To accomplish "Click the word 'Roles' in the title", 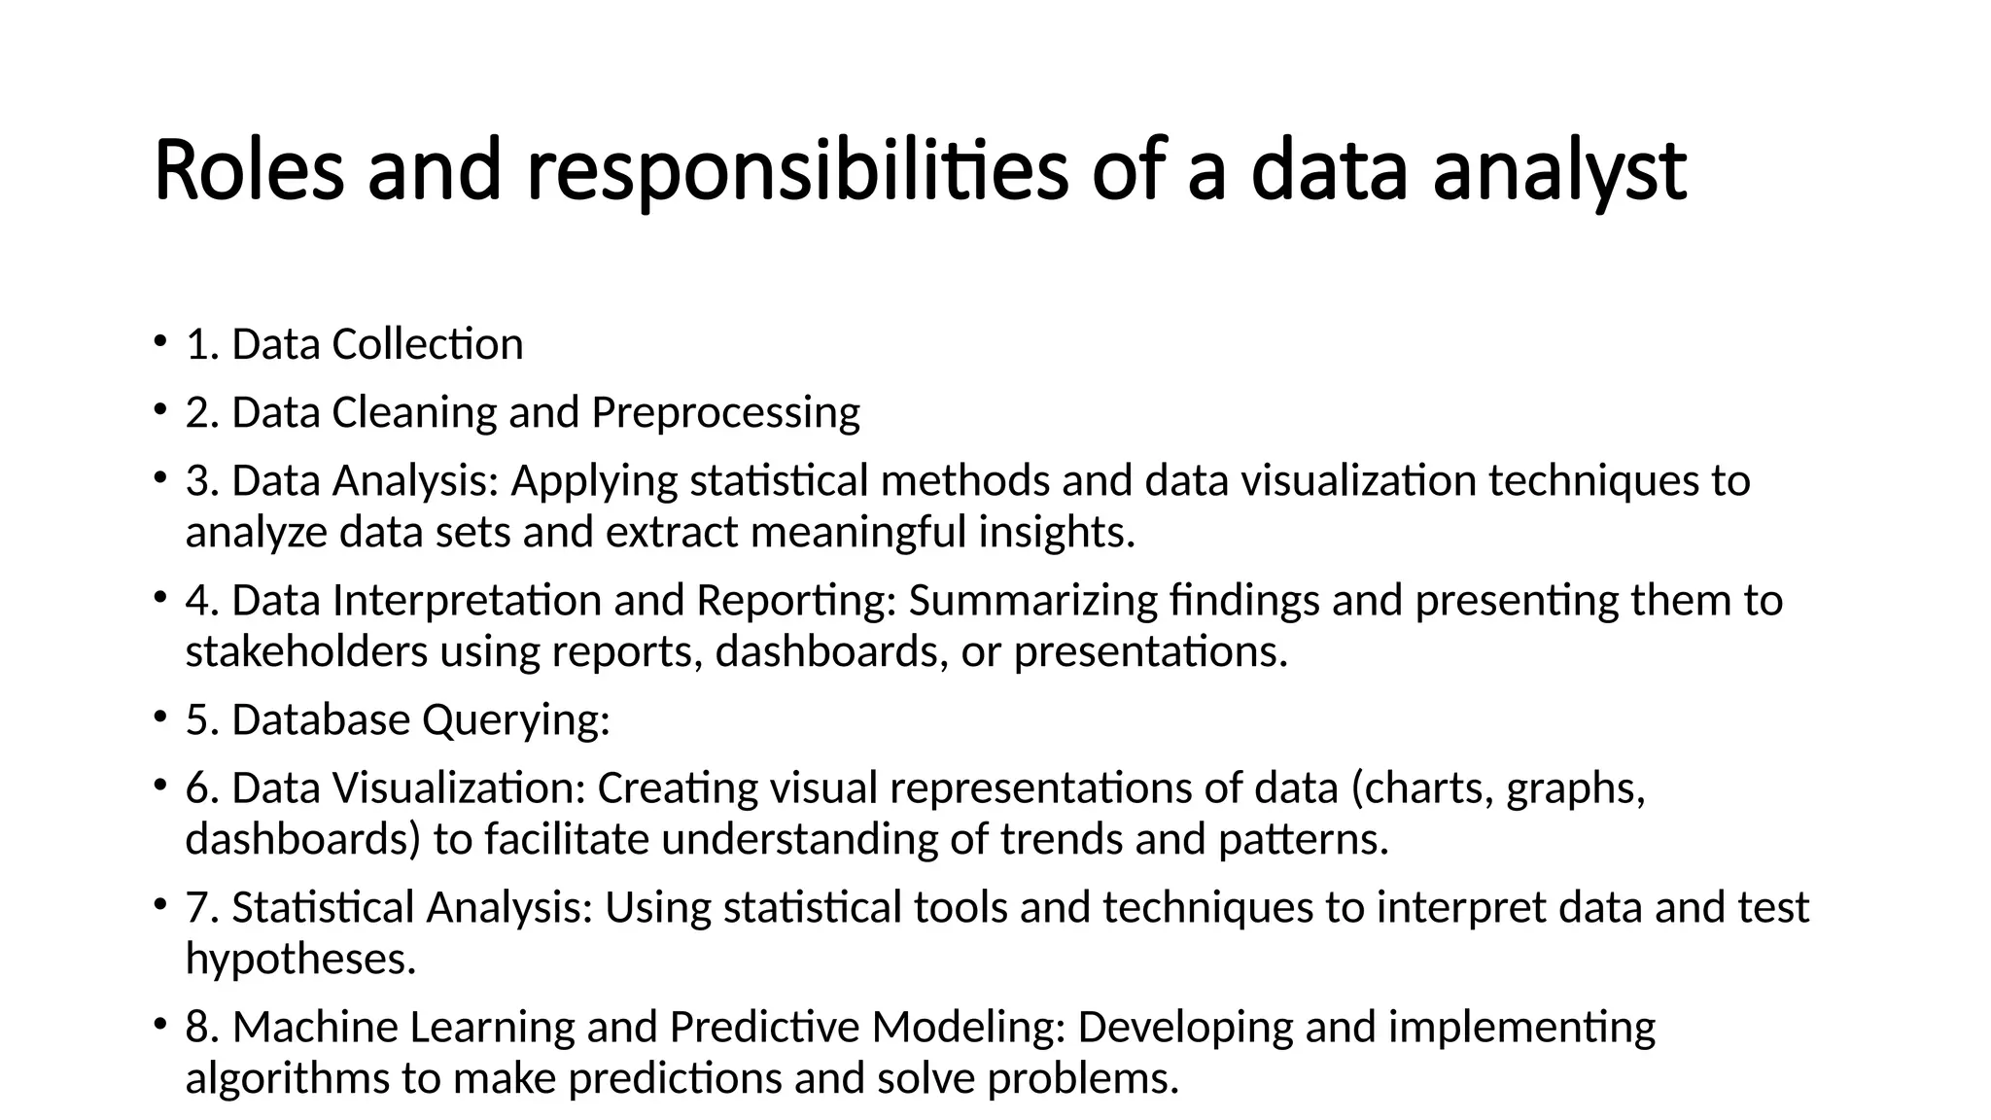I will coord(249,170).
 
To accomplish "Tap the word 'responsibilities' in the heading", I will coord(797,172).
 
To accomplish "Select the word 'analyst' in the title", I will coord(1559,172).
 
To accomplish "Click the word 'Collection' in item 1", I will coord(428,344).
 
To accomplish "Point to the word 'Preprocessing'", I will coord(725,413).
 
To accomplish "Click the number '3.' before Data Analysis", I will coord(202,480).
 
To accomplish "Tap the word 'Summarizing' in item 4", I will coord(1033,600).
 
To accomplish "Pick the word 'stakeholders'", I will coord(306,651).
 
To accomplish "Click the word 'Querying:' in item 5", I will coord(515,720).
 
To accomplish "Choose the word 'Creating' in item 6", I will coord(678,788).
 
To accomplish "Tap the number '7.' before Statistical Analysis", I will coord(202,907).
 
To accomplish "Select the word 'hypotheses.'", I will coord(300,960).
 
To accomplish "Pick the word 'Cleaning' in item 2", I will coord(414,413).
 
